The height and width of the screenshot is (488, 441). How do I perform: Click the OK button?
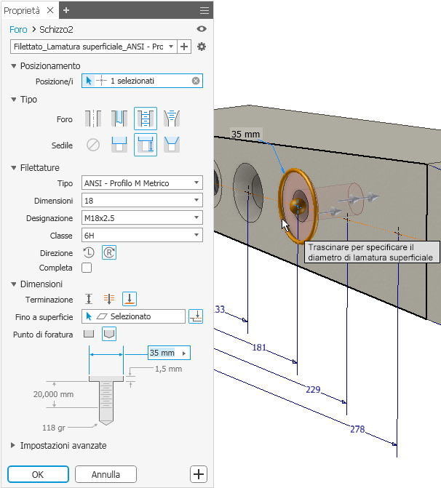pos(38,474)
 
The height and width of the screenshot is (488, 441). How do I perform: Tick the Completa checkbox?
pos(87,268)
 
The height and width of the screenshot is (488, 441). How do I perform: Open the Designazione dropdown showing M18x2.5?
pos(142,218)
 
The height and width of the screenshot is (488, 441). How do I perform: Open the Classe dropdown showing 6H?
pos(142,236)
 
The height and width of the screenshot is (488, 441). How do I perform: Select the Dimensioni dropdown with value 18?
pos(142,201)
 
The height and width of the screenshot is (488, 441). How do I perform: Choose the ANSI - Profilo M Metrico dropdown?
pos(142,183)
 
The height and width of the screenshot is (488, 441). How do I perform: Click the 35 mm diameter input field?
pos(169,353)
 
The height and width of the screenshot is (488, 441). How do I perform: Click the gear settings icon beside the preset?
pos(202,47)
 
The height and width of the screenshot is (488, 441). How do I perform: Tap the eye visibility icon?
pos(202,29)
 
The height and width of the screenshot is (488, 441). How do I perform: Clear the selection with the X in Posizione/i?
pos(196,81)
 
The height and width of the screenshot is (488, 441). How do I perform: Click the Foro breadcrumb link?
pos(18,30)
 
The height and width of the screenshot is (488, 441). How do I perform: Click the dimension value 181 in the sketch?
pos(259,348)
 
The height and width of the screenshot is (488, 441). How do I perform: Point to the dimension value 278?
pos(357,430)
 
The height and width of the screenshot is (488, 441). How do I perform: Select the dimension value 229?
pos(313,390)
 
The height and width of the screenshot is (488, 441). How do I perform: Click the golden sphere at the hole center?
pos(297,206)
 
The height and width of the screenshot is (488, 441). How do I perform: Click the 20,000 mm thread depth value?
pos(54,394)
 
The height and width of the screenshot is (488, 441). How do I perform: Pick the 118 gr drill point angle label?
pos(54,428)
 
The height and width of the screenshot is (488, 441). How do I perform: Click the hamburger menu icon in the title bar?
pos(204,10)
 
